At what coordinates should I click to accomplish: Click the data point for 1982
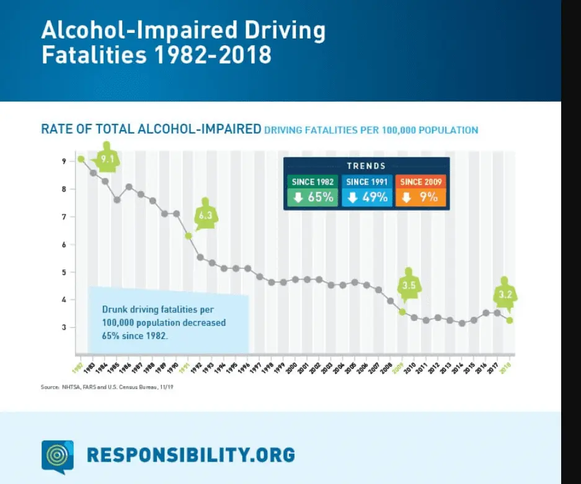[81, 159]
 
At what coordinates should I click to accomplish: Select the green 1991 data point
[188, 235]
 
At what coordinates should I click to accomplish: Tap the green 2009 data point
[402, 312]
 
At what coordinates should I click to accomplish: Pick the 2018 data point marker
[509, 320]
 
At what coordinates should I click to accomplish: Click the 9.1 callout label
[108, 159]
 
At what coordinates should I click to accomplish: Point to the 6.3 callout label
[206, 215]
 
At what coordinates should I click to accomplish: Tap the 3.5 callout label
[408, 286]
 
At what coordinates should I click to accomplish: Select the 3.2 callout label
[505, 295]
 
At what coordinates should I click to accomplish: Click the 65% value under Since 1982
[313, 198]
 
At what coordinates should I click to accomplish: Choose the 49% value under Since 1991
[366, 198]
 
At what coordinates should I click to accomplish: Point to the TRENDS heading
[366, 166]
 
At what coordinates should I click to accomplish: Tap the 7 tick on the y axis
[63, 217]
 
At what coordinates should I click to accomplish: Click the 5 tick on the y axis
[63, 272]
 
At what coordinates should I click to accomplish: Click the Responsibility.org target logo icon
[57, 455]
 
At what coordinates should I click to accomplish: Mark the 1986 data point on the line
[129, 187]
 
